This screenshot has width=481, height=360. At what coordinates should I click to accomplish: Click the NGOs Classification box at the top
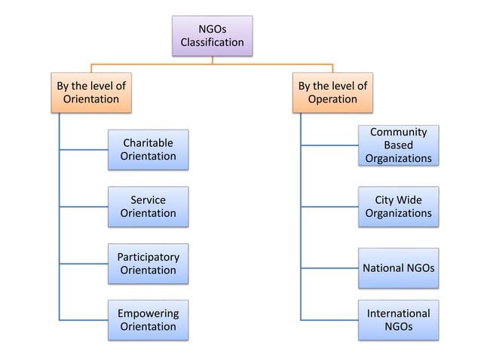[212, 35]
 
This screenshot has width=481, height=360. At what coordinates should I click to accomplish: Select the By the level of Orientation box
[90, 92]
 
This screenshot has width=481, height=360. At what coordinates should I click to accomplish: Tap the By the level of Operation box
[332, 92]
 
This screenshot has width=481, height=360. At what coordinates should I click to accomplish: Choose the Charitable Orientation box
[148, 149]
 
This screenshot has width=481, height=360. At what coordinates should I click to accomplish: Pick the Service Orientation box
[148, 206]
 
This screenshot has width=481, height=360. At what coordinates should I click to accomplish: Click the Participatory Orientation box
[148, 263]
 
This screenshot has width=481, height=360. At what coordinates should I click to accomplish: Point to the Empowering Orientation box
[148, 320]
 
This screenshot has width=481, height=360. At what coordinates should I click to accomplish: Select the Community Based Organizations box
[398, 145]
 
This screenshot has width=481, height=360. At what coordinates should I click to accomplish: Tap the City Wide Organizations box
[398, 206]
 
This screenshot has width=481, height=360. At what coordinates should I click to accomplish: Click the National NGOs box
[398, 268]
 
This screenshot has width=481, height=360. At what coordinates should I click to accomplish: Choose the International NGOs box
[398, 320]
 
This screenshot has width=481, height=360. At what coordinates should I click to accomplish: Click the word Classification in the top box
[212, 42]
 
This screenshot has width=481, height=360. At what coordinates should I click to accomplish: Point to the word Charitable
[148, 142]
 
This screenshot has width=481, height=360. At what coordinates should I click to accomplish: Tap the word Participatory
[148, 256]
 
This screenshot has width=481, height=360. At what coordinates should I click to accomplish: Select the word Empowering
[148, 313]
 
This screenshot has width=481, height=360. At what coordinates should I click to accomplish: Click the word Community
[398, 132]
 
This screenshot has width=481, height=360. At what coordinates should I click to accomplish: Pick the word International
[398, 313]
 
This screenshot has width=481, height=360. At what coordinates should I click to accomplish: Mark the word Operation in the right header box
[332, 99]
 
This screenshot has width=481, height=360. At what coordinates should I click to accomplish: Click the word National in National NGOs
[384, 268]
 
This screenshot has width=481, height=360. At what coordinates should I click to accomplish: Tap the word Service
[148, 200]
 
